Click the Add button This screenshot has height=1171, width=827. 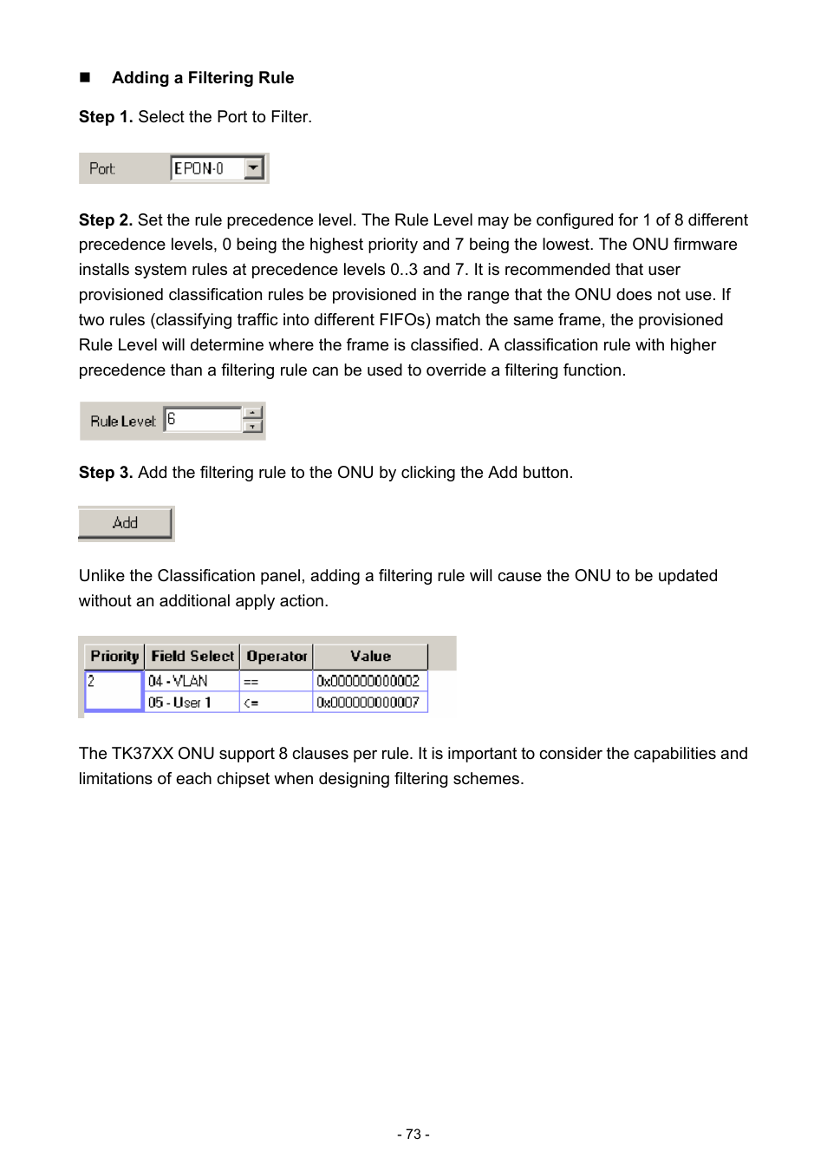[126, 523]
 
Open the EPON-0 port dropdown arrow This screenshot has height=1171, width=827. [253, 167]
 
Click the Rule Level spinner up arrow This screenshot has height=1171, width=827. [252, 413]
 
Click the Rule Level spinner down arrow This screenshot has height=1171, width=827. [252, 426]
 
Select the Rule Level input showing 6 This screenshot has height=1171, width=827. [203, 420]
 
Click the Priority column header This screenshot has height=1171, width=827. [114, 657]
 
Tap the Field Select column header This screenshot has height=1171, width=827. [192, 657]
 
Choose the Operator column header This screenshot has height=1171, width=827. [277, 657]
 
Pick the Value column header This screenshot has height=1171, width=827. [370, 657]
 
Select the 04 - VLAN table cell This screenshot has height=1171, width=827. [191, 681]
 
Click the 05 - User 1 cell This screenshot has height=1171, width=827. [191, 702]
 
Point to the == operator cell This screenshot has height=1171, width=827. [275, 681]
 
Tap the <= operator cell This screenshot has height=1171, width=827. [275, 702]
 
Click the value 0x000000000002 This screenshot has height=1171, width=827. [368, 681]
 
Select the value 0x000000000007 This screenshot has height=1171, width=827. [368, 702]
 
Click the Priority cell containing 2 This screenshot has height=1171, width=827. [114, 690]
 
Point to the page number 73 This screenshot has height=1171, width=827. [413, 1134]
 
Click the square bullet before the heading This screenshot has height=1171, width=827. [85, 77]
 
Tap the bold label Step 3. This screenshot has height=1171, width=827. [105, 473]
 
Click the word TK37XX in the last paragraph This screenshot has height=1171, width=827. [142, 754]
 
